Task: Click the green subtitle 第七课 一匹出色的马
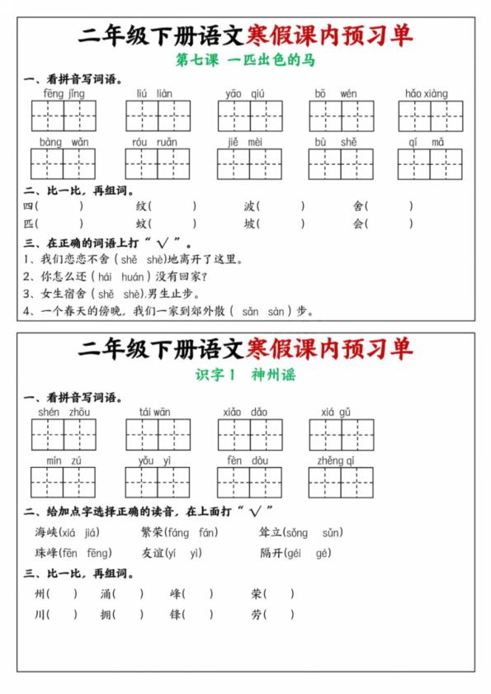pos(245,60)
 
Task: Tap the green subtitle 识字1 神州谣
pos(245,375)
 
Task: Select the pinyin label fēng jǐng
pos(64,94)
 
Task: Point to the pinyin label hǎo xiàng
pos(427,94)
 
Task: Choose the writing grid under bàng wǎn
pos(64,164)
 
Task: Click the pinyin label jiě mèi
pos(245,142)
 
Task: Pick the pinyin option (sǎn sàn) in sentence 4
pos(263,312)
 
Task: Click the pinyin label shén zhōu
pos(64,412)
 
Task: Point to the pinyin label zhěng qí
pos(336,460)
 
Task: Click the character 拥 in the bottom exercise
pos(106,614)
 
